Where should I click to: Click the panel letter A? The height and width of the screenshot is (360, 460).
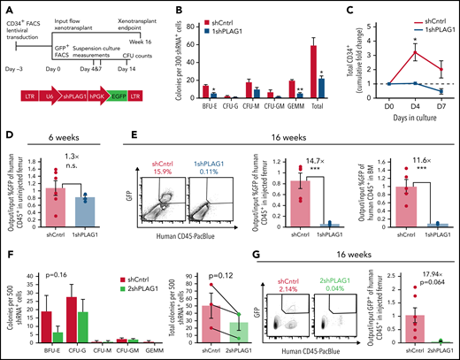coord(5,7)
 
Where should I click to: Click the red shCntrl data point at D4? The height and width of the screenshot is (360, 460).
coord(387,52)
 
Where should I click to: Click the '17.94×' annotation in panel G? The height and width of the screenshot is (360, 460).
coord(418,276)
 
